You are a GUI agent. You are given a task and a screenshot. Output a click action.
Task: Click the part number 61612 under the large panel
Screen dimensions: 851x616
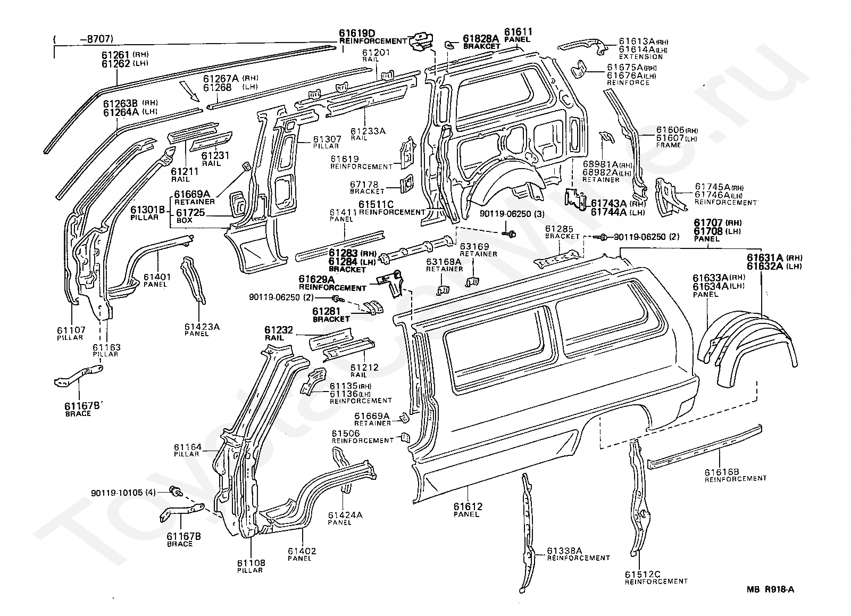click(468, 506)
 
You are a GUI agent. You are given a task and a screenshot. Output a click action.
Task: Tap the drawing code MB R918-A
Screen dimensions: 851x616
click(770, 589)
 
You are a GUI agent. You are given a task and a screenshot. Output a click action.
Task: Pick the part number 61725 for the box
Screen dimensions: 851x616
click(190, 212)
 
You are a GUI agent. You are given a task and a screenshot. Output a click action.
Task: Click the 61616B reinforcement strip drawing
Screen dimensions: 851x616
click(705, 447)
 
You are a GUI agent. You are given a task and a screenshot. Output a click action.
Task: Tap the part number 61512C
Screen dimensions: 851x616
click(643, 574)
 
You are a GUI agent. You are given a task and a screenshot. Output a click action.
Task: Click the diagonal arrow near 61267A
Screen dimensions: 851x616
click(190, 91)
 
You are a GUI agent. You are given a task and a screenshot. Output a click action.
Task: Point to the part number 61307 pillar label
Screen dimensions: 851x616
click(327, 139)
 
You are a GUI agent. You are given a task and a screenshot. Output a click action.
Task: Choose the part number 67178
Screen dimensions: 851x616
click(364, 185)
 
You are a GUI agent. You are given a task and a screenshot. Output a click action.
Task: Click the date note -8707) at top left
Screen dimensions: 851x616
click(96, 39)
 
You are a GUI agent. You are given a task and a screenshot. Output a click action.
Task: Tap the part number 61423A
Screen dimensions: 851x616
click(202, 327)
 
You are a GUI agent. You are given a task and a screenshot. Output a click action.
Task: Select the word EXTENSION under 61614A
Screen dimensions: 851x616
click(641, 56)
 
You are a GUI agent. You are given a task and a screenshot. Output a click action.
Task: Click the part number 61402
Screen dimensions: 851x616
click(302, 551)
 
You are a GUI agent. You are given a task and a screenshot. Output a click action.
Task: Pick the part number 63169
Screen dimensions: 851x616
click(474, 247)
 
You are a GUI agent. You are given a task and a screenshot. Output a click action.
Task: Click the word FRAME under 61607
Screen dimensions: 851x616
click(668, 145)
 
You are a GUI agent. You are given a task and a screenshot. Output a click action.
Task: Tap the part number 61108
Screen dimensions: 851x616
click(251, 563)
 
